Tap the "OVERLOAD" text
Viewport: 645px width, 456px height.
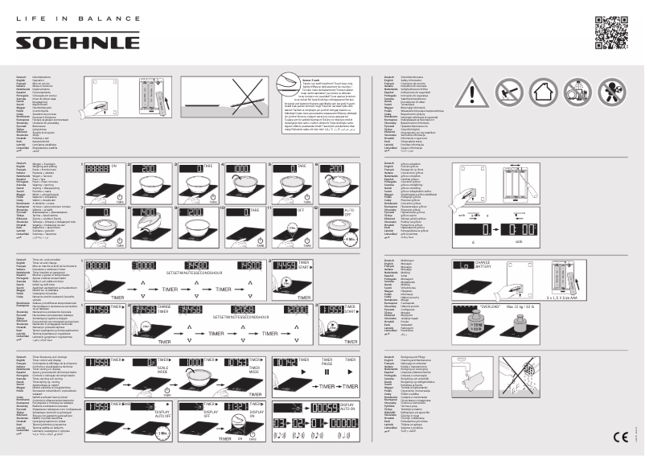tap(488, 307)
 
